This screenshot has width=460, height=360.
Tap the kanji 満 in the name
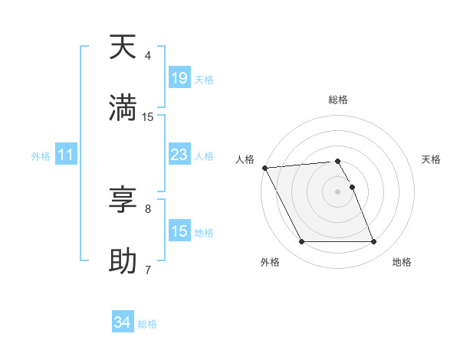[123, 108]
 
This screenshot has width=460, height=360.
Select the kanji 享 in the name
[123, 200]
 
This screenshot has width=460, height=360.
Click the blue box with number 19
[179, 78]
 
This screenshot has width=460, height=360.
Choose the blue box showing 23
[179, 155]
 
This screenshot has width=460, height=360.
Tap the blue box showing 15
[179, 231]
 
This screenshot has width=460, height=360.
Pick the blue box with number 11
[66, 155]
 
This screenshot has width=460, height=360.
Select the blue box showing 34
[122, 322]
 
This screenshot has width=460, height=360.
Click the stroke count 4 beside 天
[148, 56]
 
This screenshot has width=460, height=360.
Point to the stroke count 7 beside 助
[148, 270]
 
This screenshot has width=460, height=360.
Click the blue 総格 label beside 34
[147, 324]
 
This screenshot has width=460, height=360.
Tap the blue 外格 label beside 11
[41, 156]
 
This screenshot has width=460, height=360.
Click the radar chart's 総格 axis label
[338, 100]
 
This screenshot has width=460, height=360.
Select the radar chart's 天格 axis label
[431, 159]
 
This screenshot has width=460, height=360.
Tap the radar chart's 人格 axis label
[245, 159]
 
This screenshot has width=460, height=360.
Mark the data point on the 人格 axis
[264, 168]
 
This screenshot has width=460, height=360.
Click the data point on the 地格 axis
[374, 242]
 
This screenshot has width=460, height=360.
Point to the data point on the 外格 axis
[301, 242]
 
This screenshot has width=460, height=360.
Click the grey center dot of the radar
[338, 191]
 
